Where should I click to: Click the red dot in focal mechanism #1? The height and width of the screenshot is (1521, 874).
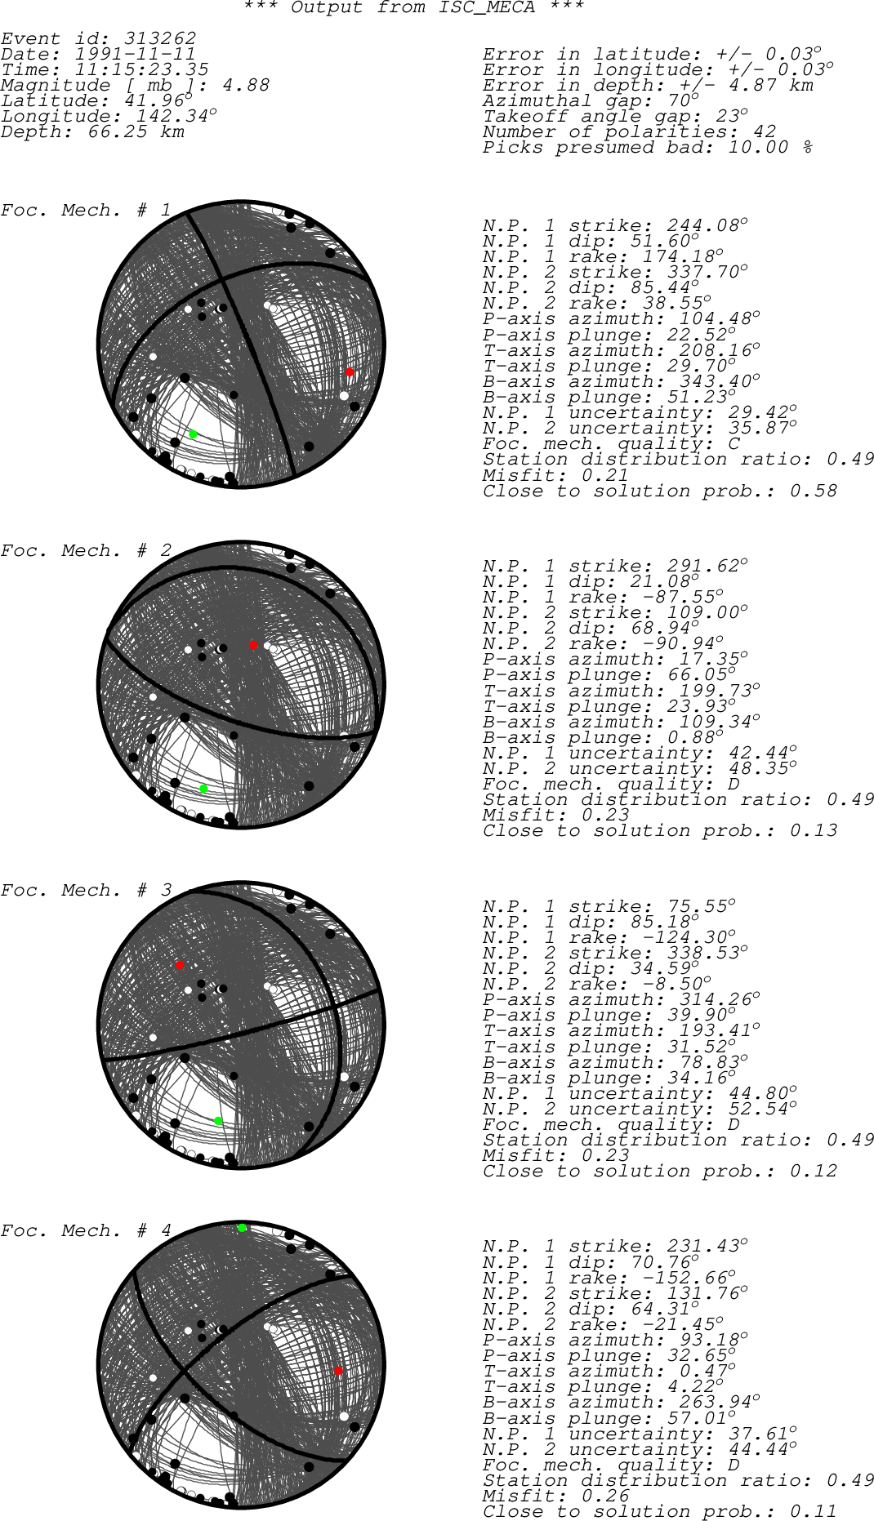350,372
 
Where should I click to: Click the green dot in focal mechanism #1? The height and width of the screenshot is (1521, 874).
193,434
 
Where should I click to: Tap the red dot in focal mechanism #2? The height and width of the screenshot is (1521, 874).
254,645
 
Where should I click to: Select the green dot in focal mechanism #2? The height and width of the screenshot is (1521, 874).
204,789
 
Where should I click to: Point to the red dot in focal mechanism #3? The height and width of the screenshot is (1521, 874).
181,965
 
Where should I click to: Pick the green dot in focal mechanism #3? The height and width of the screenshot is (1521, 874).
218,1121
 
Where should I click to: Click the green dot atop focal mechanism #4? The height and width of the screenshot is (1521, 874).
242,1228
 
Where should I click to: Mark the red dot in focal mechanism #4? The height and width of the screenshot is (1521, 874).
339,1371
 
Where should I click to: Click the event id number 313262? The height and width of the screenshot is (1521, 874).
160,38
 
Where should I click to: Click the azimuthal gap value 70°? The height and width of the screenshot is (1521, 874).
682,100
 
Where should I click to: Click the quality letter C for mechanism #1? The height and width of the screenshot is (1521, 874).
734,443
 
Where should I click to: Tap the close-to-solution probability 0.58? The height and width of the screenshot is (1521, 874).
814,491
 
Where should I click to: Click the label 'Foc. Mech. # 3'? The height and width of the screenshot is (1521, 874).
87,890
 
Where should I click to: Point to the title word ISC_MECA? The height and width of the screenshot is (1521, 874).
487,8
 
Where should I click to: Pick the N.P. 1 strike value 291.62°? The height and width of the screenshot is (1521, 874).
707,566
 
